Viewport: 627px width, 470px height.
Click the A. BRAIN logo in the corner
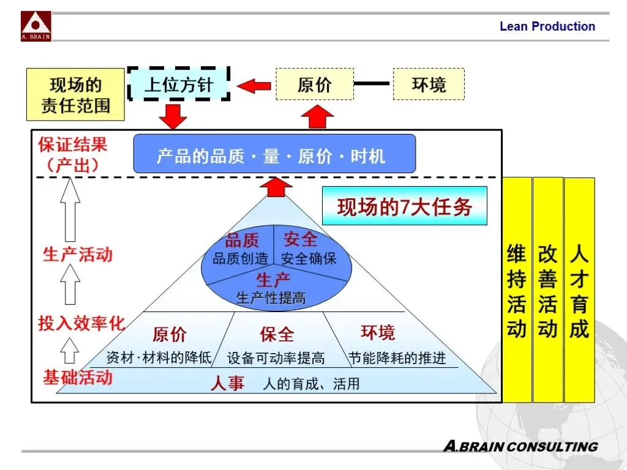tap(36, 26)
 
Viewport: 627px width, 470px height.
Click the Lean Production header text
tap(547, 26)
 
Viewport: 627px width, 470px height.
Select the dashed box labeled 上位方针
tap(178, 84)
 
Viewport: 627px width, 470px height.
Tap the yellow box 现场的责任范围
tap(76, 95)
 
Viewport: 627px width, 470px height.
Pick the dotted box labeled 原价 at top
tap(315, 84)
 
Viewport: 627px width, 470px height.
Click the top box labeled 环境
tap(429, 84)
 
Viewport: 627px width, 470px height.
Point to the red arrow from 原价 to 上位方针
tap(253, 85)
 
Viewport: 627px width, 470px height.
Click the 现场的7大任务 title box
tap(405, 207)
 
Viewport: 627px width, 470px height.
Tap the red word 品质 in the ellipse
tap(242, 240)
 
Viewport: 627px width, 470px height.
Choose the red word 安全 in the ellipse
tap(300, 239)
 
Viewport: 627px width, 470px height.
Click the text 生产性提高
tap(271, 299)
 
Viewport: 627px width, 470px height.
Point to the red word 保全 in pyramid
tap(277, 334)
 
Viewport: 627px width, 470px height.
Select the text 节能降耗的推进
tap(397, 358)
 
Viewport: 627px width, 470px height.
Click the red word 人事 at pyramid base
tap(227, 383)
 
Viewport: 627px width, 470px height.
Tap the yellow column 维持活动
tap(517, 290)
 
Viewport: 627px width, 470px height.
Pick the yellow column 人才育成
tap(579, 290)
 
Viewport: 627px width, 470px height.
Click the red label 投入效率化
tap(81, 323)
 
